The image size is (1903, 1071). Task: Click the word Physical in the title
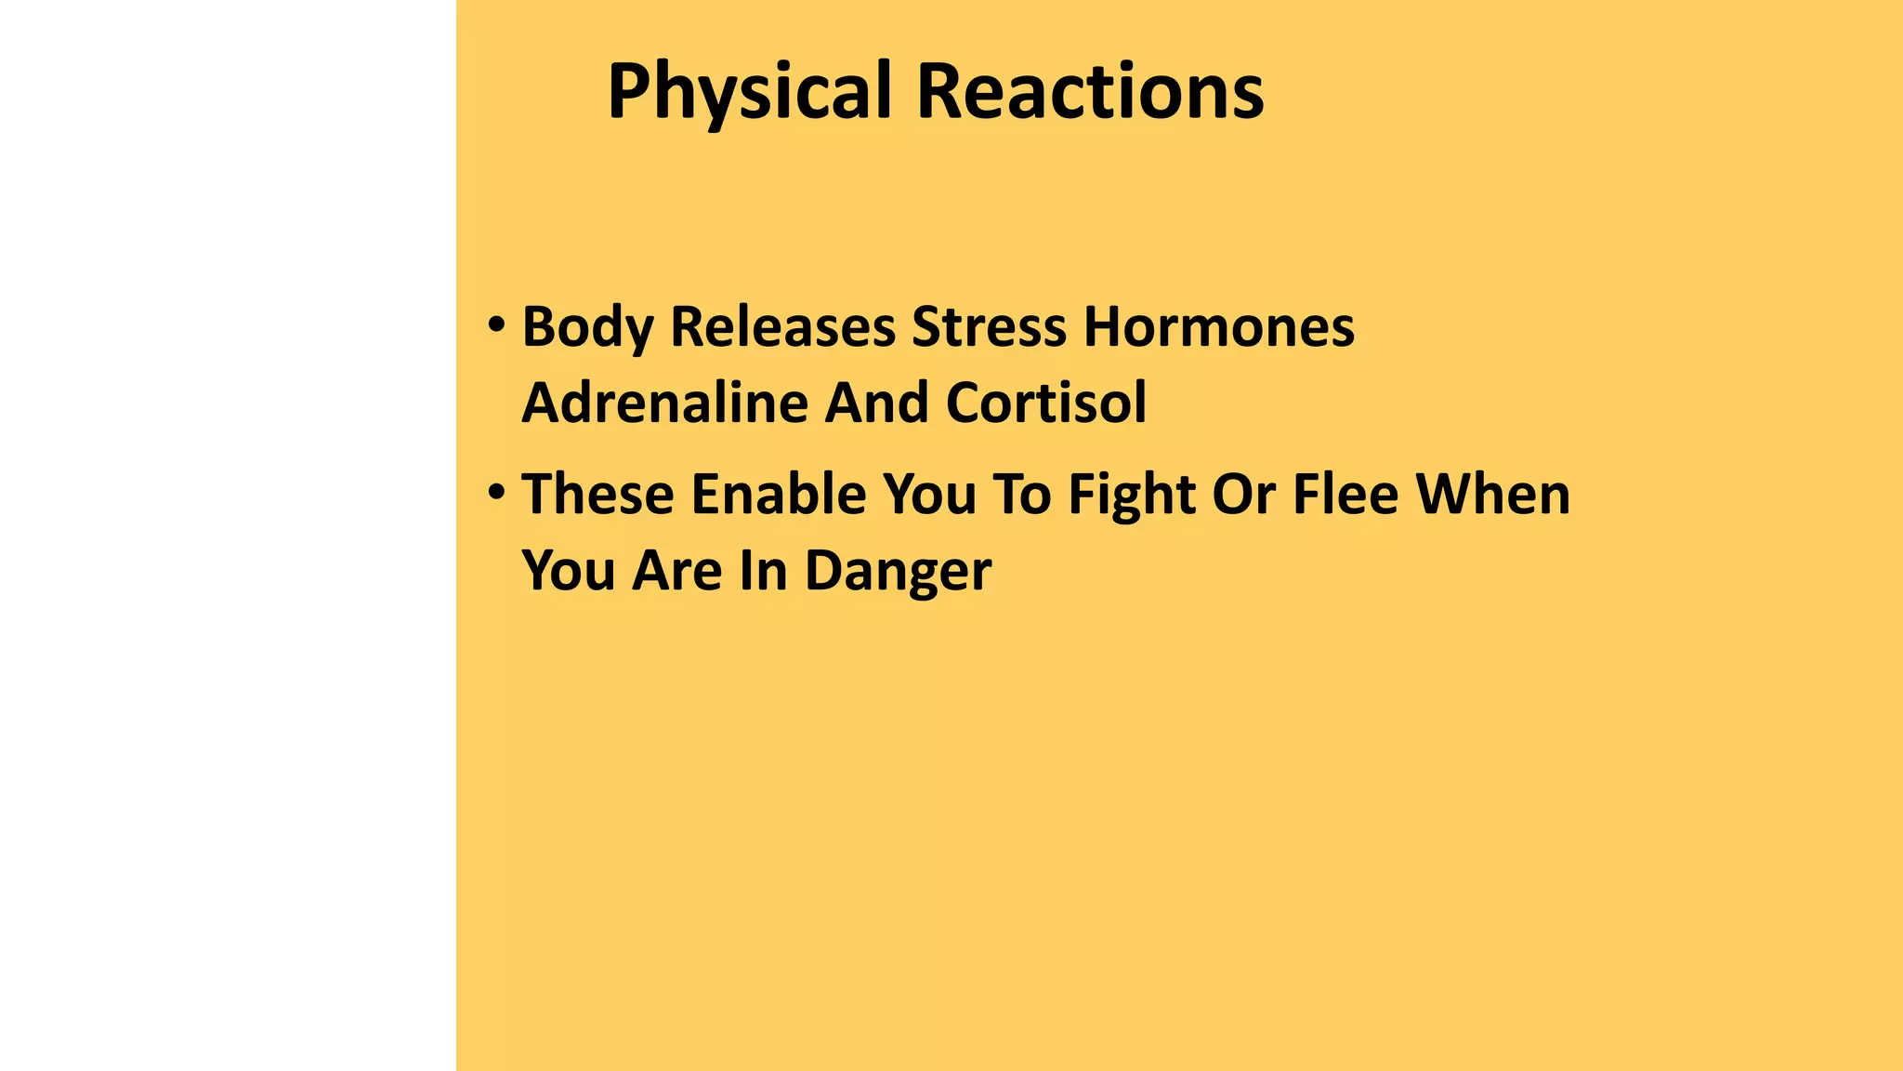click(x=749, y=93)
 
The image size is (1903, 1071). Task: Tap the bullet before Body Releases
click(x=496, y=326)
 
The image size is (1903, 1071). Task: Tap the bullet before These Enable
click(x=496, y=492)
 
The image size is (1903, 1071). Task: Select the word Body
click(x=586, y=328)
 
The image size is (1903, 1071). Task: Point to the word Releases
click(x=782, y=328)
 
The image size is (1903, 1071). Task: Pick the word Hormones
click(x=1219, y=328)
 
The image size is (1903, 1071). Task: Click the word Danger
click(x=898, y=570)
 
